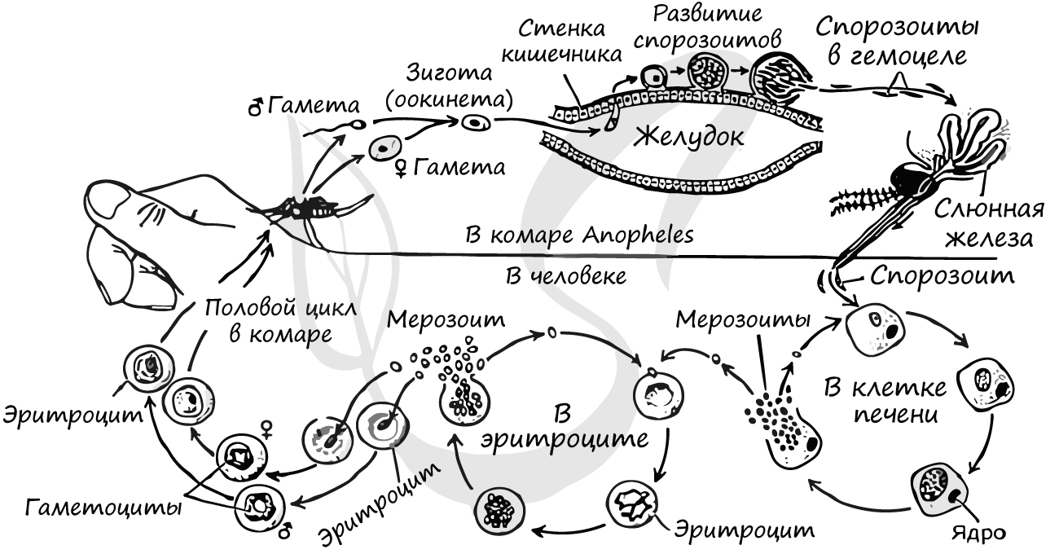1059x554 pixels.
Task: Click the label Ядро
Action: click(x=974, y=533)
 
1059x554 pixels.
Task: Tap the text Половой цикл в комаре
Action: click(x=268, y=321)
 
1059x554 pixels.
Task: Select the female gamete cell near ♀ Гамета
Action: click(x=384, y=149)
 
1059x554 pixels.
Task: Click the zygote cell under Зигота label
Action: click(x=476, y=123)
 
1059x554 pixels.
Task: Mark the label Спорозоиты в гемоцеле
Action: click(x=896, y=42)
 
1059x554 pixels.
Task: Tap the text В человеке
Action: click(x=565, y=276)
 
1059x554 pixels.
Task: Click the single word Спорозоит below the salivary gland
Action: click(x=943, y=275)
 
